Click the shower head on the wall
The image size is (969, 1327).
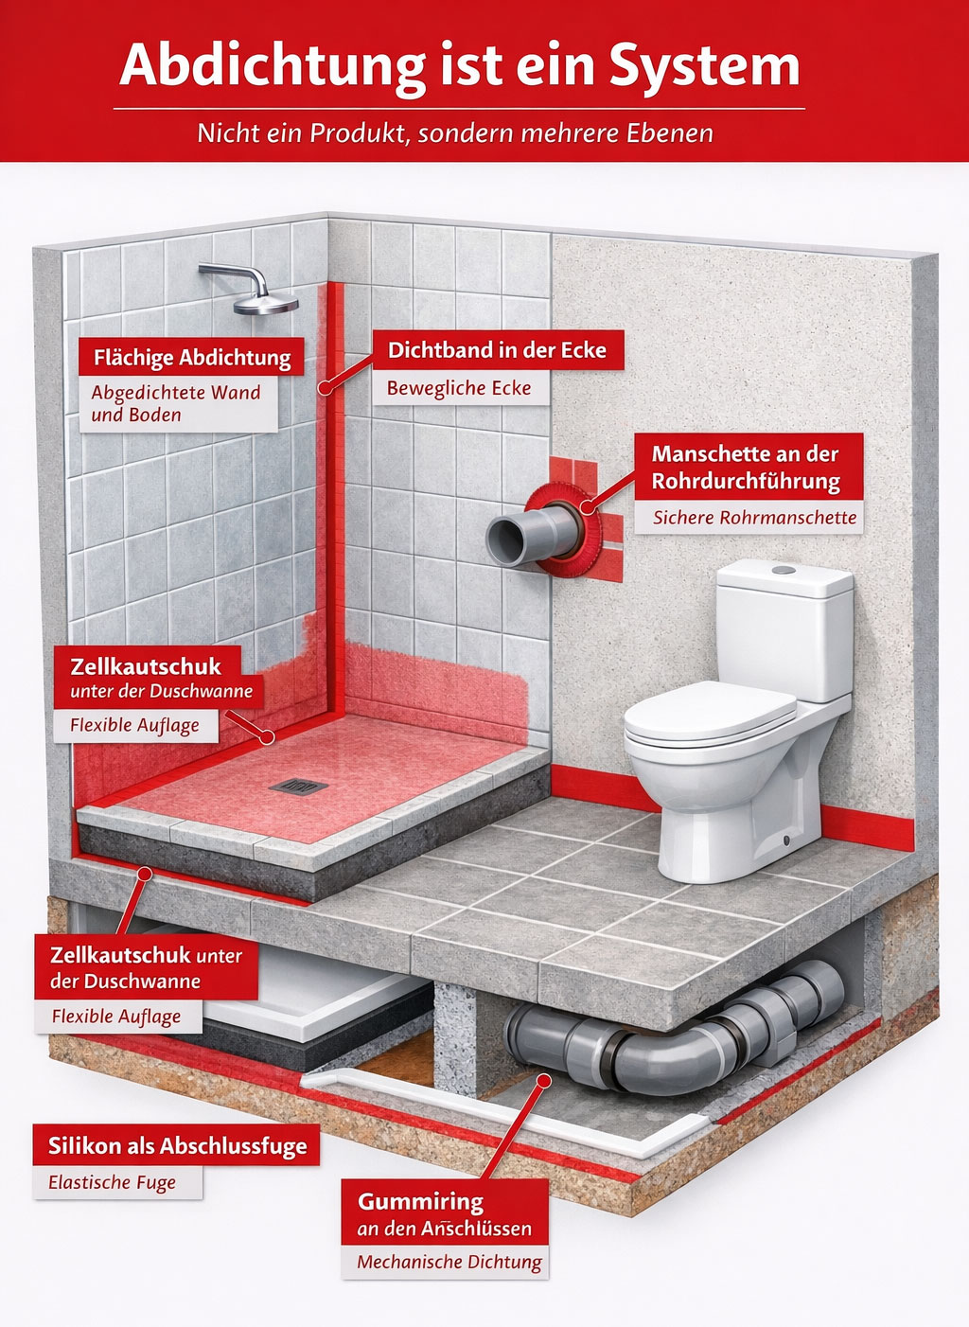[265, 304]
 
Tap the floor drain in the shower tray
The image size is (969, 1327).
[298, 787]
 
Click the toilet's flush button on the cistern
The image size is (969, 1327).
[784, 570]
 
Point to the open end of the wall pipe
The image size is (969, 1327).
[506, 540]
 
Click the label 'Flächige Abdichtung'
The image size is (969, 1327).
[192, 358]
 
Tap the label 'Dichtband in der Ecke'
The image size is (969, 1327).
[498, 350]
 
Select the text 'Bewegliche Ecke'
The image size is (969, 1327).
[459, 389]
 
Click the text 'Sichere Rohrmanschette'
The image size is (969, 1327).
[754, 518]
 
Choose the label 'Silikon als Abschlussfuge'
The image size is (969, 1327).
[178, 1146]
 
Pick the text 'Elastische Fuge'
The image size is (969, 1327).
[112, 1183]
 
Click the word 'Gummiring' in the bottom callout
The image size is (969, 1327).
[420, 1202]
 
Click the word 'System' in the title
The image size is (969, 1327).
[704, 66]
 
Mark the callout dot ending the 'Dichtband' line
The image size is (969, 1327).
[325, 389]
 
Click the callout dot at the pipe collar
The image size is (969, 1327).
[587, 506]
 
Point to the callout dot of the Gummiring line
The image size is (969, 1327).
[543, 1081]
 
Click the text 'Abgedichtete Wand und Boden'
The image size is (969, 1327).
[176, 403]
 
